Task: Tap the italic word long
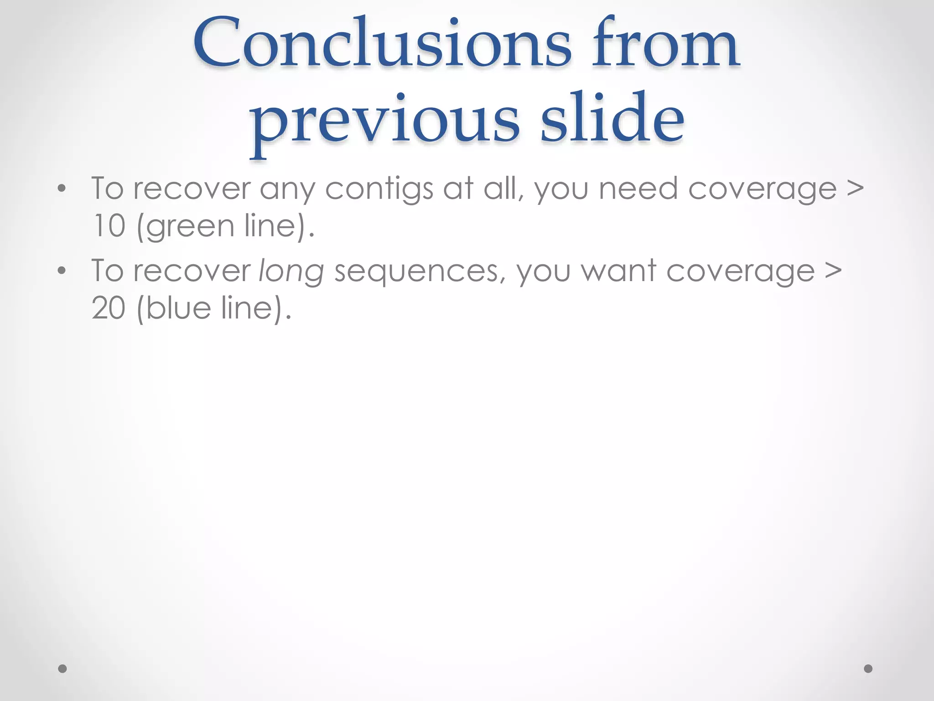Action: point(291,272)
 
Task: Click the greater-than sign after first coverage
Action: point(855,188)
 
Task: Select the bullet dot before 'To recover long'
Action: point(62,271)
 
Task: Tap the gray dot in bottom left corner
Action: point(62,669)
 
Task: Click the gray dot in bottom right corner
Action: point(868,669)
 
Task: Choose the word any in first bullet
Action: point(287,189)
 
